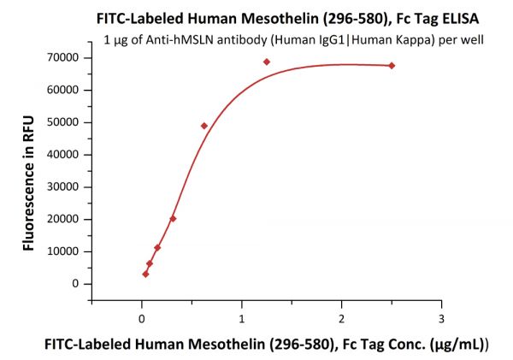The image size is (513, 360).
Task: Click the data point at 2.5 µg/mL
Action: (x=392, y=66)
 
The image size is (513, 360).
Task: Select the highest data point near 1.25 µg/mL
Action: (x=267, y=62)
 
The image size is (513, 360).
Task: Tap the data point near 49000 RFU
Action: (x=204, y=126)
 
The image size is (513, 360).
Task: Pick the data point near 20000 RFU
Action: (x=173, y=219)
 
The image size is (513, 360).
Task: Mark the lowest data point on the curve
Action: (x=145, y=274)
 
